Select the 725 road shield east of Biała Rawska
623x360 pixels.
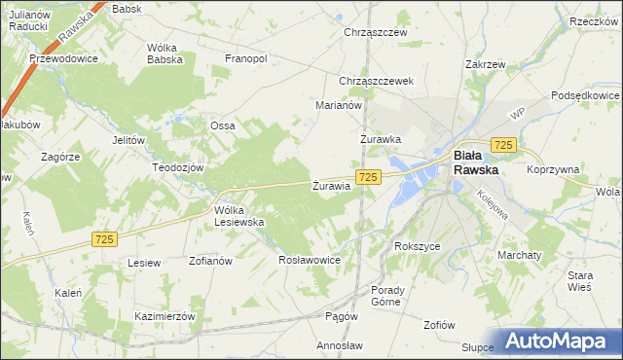click(x=502, y=144)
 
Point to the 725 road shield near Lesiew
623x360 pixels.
click(x=106, y=238)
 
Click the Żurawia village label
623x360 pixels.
click(x=331, y=185)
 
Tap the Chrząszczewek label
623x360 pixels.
click(x=377, y=81)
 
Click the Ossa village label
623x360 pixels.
click(x=223, y=126)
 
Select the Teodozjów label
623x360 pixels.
click(x=176, y=166)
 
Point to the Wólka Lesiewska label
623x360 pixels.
click(x=239, y=215)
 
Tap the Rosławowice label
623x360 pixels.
click(x=309, y=260)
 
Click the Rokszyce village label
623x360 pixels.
click(x=418, y=246)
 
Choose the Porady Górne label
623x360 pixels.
click(x=394, y=296)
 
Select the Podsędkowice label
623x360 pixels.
click(x=585, y=95)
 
